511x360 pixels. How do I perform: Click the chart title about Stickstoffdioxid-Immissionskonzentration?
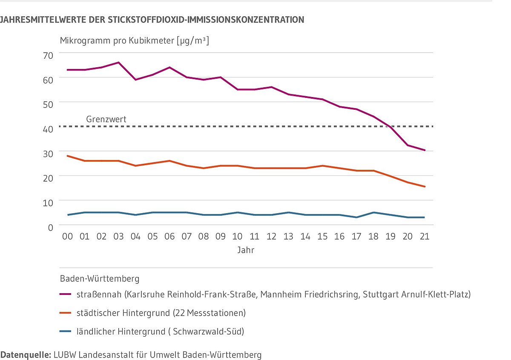tap(152, 20)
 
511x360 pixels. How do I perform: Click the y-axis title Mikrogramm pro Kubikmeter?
tap(135, 41)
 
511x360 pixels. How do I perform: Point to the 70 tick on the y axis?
tap(47, 55)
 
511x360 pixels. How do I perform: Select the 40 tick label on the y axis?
tap(47, 129)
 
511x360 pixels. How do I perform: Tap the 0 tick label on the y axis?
tap(50, 227)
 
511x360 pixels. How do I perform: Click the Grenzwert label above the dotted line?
tap(106, 119)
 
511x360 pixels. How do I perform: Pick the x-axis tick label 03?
tap(118, 236)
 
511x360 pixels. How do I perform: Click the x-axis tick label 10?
tap(237, 236)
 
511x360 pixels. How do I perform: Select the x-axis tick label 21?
tap(424, 236)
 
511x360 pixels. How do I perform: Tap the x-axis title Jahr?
tap(246, 250)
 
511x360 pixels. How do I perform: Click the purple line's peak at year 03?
tap(118, 63)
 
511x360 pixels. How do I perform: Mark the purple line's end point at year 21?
tap(424, 150)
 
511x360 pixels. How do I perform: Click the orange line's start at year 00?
tap(68, 156)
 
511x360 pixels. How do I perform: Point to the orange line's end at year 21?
tap(424, 186)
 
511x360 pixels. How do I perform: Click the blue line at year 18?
tap(373, 212)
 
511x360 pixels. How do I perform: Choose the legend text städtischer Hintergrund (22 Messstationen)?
tap(161, 313)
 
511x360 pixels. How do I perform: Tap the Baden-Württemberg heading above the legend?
tap(100, 279)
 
